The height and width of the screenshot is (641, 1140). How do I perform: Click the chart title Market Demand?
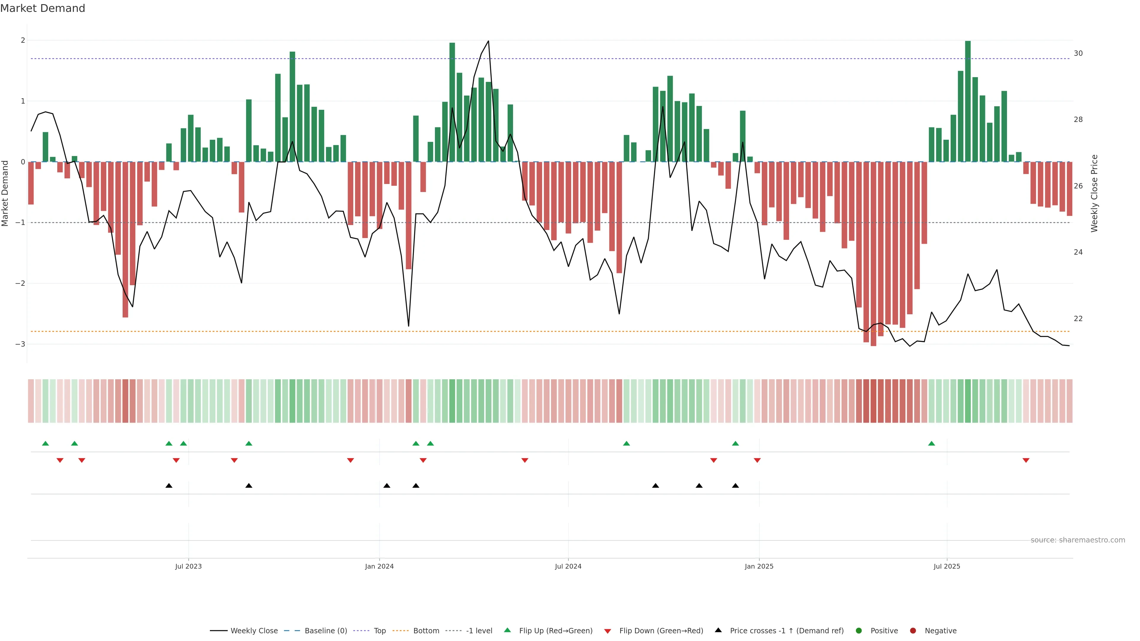click(x=42, y=8)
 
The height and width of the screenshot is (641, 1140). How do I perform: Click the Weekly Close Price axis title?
click(x=1094, y=193)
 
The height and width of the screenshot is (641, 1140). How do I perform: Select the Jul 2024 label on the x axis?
click(x=568, y=566)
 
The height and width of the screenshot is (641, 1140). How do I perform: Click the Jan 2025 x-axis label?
click(x=759, y=566)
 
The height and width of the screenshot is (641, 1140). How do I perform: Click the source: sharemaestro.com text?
click(x=1078, y=540)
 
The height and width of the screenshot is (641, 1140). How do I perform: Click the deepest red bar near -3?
click(x=873, y=254)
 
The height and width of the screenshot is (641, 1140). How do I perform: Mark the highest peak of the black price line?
click(x=488, y=41)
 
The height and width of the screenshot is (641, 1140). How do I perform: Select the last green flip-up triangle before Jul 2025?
click(x=932, y=443)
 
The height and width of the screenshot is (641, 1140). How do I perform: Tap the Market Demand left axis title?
click(x=5, y=193)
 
